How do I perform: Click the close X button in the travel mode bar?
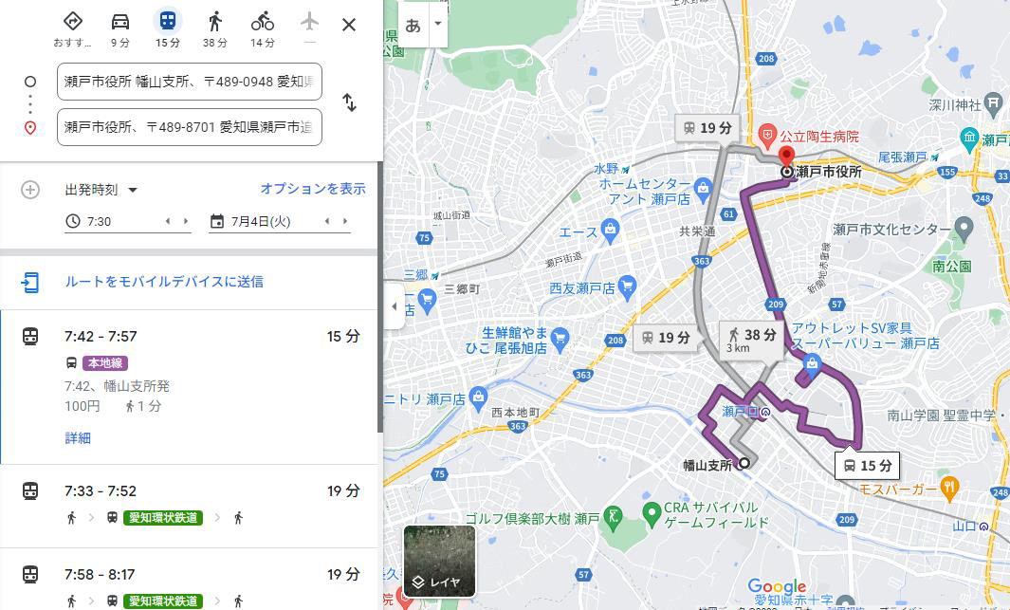pyautogui.click(x=349, y=25)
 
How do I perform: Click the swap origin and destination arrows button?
pyautogui.click(x=349, y=103)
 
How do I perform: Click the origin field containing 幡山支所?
pyautogui.click(x=190, y=82)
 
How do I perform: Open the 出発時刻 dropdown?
pyautogui.click(x=101, y=190)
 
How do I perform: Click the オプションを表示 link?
pyautogui.click(x=313, y=189)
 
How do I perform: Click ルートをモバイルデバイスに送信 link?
pyautogui.click(x=164, y=282)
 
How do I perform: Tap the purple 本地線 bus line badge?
pyautogui.click(x=104, y=363)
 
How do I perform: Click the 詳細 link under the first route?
pyautogui.click(x=78, y=437)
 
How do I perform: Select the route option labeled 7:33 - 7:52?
pyautogui.click(x=101, y=491)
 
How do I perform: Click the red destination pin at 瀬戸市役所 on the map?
pyautogui.click(x=786, y=157)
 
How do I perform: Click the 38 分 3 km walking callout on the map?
pyautogui.click(x=751, y=339)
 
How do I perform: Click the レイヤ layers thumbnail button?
pyautogui.click(x=439, y=561)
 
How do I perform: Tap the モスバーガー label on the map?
pyautogui.click(x=898, y=489)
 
